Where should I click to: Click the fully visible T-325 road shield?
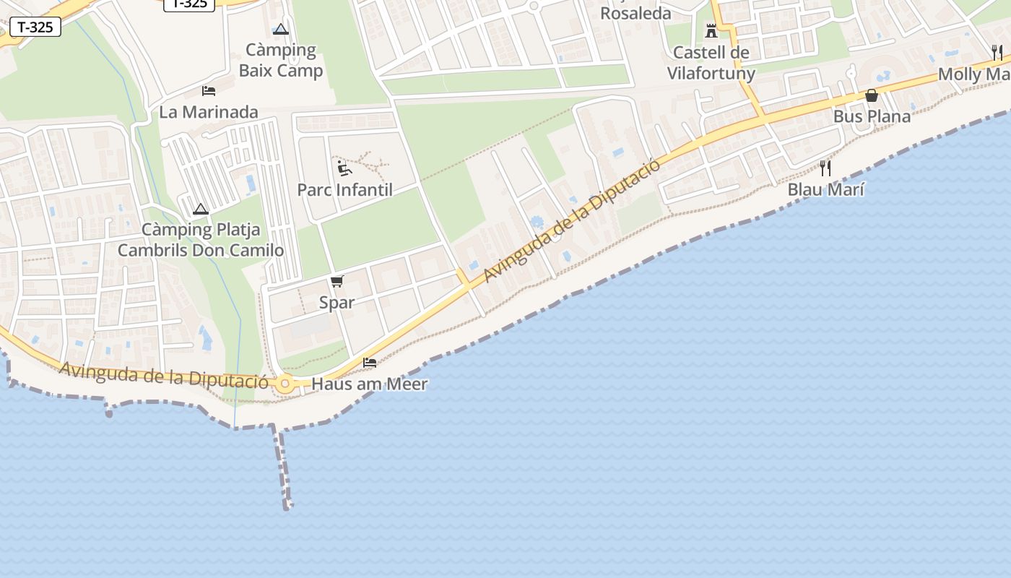pos(35,27)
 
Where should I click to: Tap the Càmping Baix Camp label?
pos(281,61)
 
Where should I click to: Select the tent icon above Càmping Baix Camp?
pos(281,30)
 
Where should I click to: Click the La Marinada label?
pos(209,112)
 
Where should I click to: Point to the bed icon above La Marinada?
pos(209,91)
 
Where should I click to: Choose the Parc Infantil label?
pos(345,190)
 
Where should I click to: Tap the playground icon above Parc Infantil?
pos(345,169)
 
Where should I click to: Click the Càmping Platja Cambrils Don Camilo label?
pos(201,241)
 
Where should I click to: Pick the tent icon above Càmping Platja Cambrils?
pos(201,210)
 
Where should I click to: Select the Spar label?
pos(337,302)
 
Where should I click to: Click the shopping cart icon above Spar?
pos(337,281)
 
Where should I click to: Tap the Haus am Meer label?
pos(369,384)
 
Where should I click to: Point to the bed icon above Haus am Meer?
pos(370,362)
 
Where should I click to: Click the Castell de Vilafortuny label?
pos(711,63)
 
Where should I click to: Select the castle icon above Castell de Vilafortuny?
pos(711,31)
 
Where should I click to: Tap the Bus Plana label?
pos(872,116)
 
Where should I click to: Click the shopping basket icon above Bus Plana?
pos(872,95)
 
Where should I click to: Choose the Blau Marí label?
pos(825,189)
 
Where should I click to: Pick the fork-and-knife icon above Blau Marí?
pos(825,168)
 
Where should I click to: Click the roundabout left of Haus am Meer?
pos(285,384)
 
